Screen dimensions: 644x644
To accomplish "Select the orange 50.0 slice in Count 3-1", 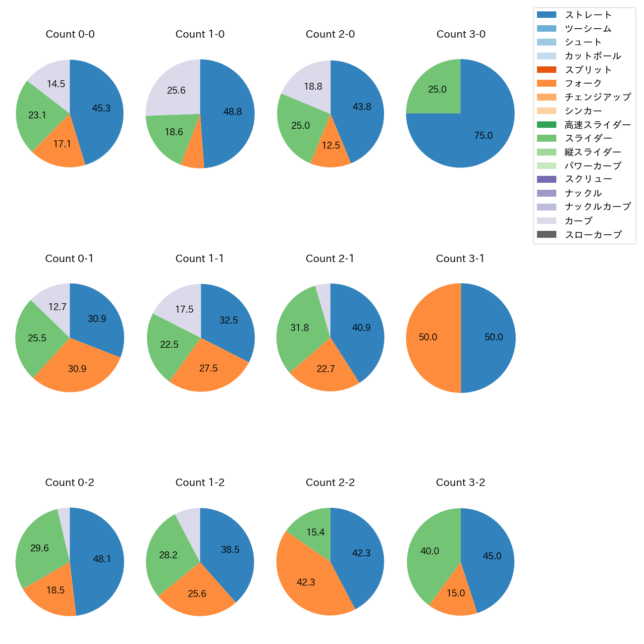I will coord(431,338).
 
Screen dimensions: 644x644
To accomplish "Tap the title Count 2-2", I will coord(330,483).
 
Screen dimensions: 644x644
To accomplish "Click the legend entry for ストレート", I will coord(588,15).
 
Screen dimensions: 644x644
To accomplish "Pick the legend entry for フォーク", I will coord(583,83).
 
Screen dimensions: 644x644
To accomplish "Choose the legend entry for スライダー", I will coord(588,138).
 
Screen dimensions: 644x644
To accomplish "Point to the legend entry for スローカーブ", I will coord(593,235).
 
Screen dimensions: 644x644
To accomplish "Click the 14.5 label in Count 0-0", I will coord(56,84).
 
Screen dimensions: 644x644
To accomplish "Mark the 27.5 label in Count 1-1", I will coord(209,369).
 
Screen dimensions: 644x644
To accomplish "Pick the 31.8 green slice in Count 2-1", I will coord(300,328).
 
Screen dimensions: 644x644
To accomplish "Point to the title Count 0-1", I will coord(69,259).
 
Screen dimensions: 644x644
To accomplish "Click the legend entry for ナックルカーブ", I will coord(597,207).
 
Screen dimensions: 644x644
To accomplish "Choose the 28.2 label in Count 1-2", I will coord(168,555).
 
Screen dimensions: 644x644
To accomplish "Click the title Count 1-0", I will coord(200,34).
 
